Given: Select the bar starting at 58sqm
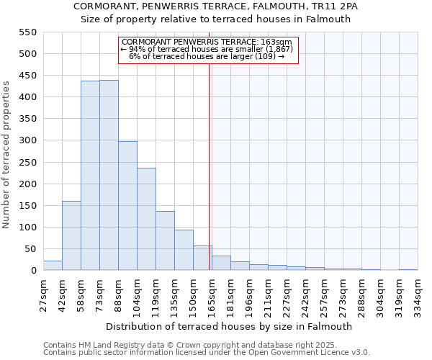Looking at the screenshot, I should coord(90,176).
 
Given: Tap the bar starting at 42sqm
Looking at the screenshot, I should coord(71,235).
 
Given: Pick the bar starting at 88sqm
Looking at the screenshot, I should coord(127,206).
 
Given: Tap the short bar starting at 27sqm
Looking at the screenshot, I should coord(53,266).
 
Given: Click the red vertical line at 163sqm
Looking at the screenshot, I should coord(210,180).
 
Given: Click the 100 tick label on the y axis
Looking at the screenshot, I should coord(27,228).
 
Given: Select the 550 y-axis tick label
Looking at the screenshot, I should coord(27,32).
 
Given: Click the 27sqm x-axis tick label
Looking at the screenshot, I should coord(44,294).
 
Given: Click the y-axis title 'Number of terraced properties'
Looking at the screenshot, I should coord(6,155).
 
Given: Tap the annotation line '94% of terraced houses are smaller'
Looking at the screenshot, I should coord(207,49).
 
